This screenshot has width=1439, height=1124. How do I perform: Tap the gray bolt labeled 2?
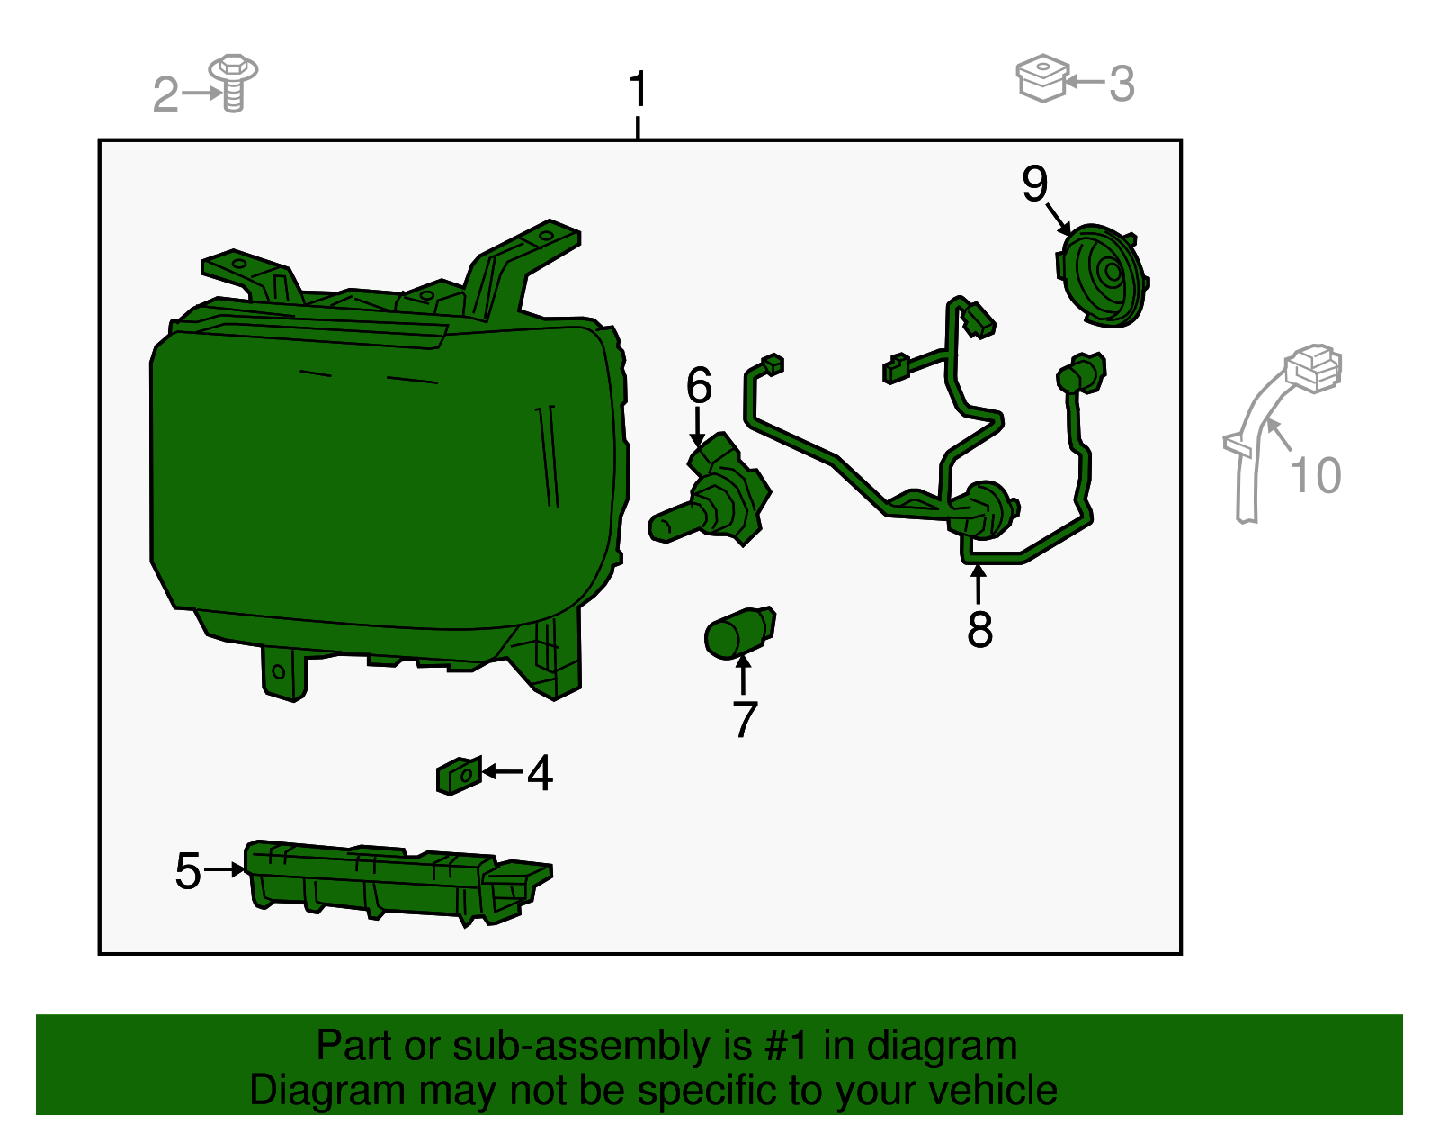click(233, 83)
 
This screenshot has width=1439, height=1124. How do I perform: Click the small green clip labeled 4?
click(459, 776)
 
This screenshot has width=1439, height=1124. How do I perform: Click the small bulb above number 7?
click(740, 633)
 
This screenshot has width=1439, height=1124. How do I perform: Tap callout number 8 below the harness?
click(979, 629)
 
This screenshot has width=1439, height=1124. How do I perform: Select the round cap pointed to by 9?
click(1101, 276)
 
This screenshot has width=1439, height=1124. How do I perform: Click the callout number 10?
click(1316, 475)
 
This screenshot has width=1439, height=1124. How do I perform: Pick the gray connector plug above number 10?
click(1313, 368)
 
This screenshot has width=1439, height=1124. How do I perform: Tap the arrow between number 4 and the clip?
click(503, 771)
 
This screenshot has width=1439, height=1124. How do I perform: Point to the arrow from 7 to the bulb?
click(743, 674)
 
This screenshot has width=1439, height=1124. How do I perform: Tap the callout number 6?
click(699, 385)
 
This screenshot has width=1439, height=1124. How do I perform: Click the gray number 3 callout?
click(1122, 84)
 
